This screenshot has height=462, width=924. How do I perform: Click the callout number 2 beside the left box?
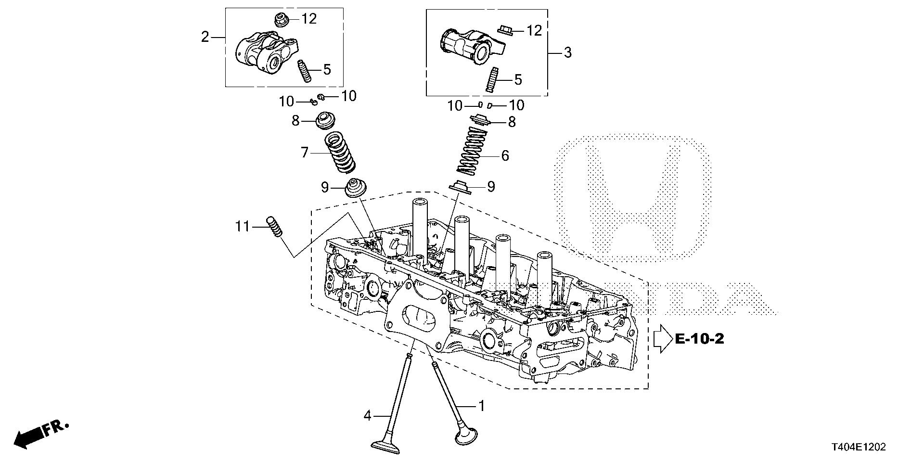tap(205, 37)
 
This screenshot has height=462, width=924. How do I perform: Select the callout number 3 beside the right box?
tap(567, 52)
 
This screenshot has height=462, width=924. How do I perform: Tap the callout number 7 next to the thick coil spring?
tap(304, 153)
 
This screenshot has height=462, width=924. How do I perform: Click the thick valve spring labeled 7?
tap(339, 154)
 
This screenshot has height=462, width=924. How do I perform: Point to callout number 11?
tap(243, 226)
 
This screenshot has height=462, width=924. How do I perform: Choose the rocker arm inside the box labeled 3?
tap(471, 45)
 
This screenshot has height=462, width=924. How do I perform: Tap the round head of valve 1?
tap(466, 436)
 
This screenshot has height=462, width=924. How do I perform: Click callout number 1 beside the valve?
tap(480, 407)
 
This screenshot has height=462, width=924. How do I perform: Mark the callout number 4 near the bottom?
tap(367, 415)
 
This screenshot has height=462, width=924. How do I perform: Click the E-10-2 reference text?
tap(699, 339)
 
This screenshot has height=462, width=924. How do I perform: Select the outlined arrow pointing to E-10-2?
tap(663, 339)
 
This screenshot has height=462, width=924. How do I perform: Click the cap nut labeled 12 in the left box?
tap(280, 20)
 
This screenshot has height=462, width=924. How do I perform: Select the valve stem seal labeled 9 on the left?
tap(356, 188)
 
